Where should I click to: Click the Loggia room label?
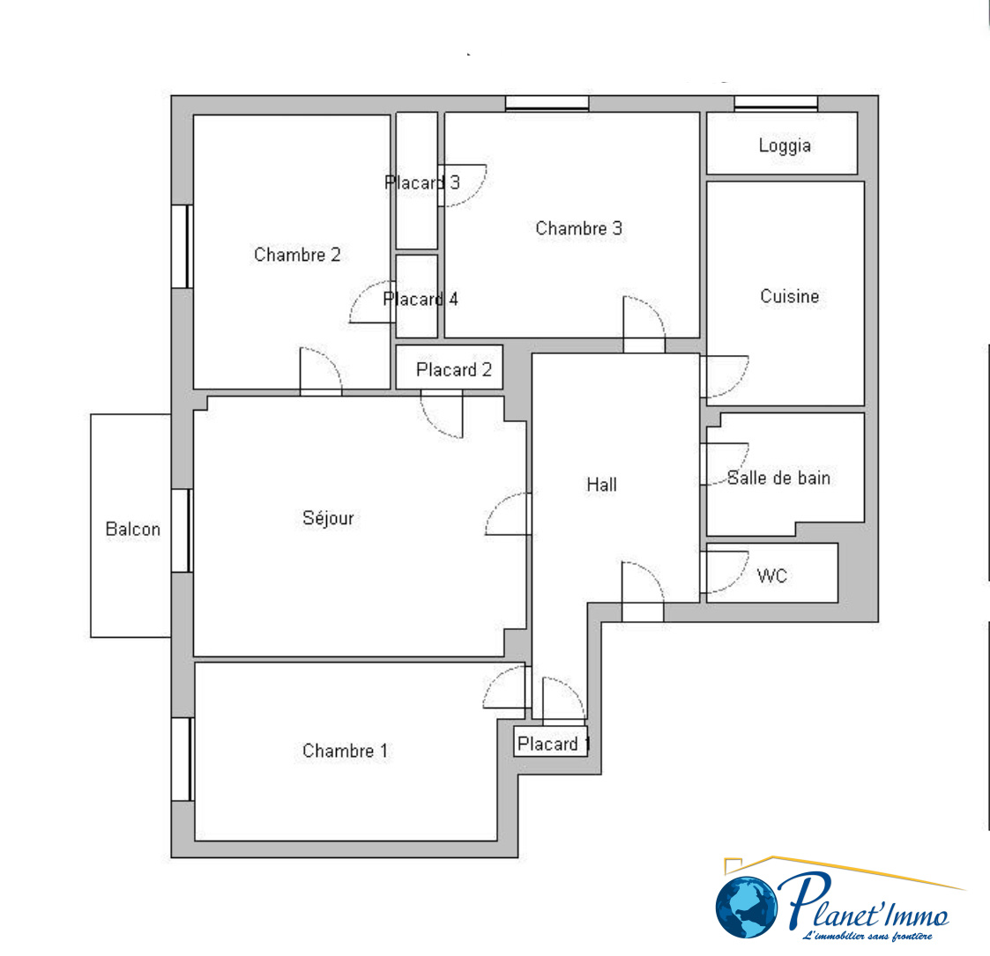tap(785, 145)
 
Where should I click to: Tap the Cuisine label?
tap(790, 297)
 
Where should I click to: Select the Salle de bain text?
tap(778, 478)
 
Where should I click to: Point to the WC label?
tap(771, 575)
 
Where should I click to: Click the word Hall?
tap(602, 485)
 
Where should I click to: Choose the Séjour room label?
tap(328, 518)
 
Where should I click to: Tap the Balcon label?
tap(132, 529)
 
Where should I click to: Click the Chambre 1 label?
tap(346, 751)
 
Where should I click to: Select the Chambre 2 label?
tap(297, 255)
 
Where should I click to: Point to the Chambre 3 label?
tap(579, 228)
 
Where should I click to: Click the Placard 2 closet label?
tap(454, 369)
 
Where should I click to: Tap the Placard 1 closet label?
tap(554, 744)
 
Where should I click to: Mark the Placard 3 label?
tap(422, 182)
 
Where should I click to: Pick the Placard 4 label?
tap(421, 299)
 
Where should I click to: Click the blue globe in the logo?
tap(747, 907)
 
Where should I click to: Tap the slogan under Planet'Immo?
tap(867, 936)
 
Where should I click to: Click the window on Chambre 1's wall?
tap(182, 760)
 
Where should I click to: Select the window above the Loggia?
tap(776, 103)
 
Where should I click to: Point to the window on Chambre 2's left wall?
tap(182, 246)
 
